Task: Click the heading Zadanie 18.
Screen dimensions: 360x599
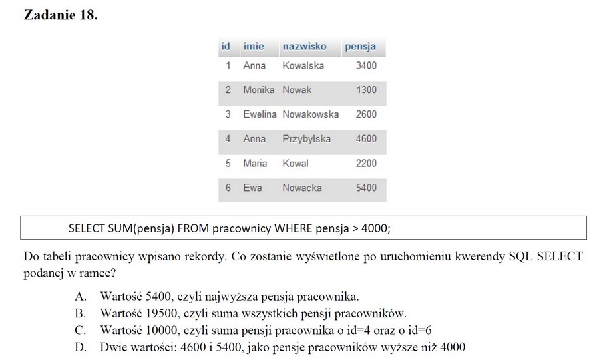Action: (60, 15)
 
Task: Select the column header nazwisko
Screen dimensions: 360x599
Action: (304, 47)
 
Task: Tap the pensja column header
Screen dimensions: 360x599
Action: (360, 47)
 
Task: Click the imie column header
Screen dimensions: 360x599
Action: (254, 47)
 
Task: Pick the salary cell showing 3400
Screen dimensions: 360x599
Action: (366, 65)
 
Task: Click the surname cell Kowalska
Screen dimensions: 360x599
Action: (303, 65)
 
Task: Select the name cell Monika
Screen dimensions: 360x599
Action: (259, 90)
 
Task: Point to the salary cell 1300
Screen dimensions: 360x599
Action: (366, 90)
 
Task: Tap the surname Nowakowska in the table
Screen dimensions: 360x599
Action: (310, 114)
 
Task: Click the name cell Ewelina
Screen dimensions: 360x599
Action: (260, 114)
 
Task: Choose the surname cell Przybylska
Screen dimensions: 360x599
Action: (306, 139)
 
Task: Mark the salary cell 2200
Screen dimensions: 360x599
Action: (366, 163)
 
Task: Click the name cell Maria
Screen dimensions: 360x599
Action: (255, 163)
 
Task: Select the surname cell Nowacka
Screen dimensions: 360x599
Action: (302, 188)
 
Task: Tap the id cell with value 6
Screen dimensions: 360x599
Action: (228, 188)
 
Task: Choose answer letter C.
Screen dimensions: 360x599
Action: (80, 331)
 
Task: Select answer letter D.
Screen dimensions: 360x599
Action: (80, 347)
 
